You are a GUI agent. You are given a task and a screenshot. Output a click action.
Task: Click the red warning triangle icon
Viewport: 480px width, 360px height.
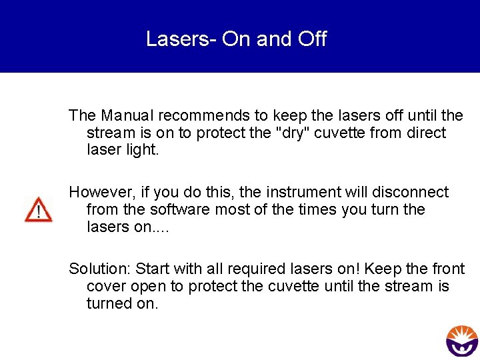point(38,209)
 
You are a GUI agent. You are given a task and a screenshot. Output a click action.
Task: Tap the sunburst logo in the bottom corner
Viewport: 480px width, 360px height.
point(462,341)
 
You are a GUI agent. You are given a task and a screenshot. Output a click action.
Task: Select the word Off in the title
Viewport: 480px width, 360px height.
point(312,39)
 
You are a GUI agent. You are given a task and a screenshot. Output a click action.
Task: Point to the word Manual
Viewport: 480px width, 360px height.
point(127,115)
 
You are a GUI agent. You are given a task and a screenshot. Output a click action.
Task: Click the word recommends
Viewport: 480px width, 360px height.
point(205,115)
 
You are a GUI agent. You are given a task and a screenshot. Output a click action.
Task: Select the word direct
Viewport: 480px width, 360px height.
point(425,133)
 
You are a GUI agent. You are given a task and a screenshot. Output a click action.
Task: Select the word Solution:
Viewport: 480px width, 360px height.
point(99,269)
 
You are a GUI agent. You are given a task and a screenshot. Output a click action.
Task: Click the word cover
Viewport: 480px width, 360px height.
point(106,286)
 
